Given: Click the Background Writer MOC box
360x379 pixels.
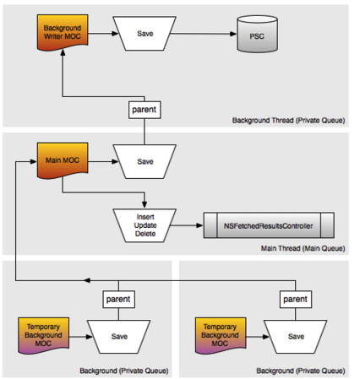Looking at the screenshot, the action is (x=63, y=32).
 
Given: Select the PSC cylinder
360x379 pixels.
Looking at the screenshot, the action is (x=257, y=34).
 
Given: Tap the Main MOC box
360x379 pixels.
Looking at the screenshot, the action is (x=63, y=160).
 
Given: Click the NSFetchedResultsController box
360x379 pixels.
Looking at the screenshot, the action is (x=269, y=225).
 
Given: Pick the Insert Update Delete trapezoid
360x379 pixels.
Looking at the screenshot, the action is (x=145, y=225).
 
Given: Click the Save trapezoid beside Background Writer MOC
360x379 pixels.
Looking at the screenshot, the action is (x=145, y=34).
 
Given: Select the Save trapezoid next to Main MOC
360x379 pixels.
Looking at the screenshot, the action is (x=145, y=161).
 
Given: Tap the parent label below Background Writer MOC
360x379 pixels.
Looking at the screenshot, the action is (x=145, y=110).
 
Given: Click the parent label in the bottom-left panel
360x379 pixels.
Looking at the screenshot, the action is (x=118, y=299).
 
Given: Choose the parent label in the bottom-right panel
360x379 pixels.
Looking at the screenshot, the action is (x=296, y=299).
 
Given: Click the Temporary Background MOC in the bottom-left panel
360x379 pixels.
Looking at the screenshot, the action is (x=44, y=335).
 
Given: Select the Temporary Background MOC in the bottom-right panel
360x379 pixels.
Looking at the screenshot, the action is (x=221, y=335).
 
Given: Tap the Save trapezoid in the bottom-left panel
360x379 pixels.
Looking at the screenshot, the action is (x=118, y=337).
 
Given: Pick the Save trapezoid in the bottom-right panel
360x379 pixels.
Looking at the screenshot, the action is (x=296, y=337).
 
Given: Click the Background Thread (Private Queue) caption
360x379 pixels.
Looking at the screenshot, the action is (x=288, y=121).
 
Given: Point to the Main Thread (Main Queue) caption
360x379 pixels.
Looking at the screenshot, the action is (x=303, y=248).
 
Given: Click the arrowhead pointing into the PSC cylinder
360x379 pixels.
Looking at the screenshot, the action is (x=233, y=34).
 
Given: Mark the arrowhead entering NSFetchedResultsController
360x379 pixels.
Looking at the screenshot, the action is (x=199, y=225).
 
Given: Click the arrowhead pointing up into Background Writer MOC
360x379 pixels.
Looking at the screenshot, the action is (x=63, y=53).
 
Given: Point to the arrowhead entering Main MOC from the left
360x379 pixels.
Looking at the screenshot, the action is (x=34, y=161).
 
